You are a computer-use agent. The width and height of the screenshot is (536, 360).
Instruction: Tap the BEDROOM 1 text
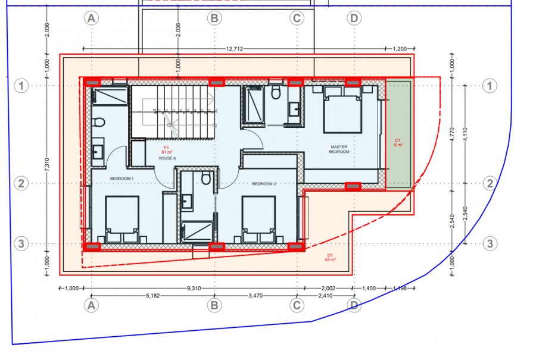121,178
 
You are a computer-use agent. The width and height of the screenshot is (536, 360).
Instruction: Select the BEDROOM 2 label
264,184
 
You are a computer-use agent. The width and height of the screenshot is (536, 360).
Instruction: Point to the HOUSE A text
167,158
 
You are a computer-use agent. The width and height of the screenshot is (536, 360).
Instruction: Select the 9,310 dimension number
194,288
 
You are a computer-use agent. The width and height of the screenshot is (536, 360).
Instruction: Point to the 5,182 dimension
152,295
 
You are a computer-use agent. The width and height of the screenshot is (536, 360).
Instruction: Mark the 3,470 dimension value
256,295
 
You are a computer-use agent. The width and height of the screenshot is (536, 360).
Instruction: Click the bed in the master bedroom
342,109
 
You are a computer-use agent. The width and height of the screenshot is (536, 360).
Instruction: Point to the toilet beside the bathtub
276,93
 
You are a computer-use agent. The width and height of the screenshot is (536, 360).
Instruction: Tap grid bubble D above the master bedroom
354,18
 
